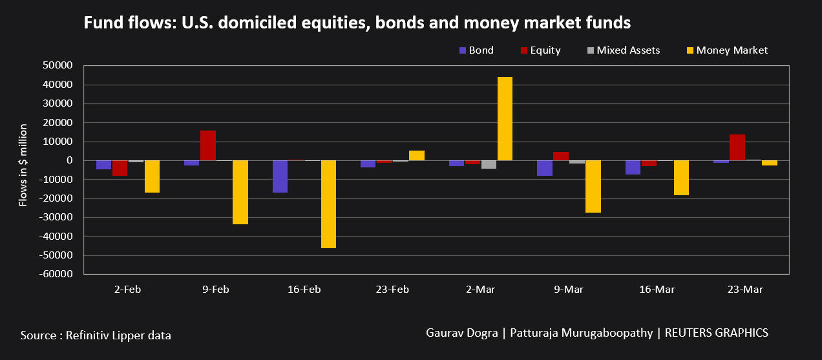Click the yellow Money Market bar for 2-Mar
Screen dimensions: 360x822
(505, 119)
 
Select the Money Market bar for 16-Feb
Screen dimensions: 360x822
(328, 204)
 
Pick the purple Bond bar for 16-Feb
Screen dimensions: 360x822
(280, 176)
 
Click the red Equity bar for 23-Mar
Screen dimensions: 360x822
(737, 147)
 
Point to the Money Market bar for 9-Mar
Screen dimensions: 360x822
(593, 186)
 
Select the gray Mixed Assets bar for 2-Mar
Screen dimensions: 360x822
(489, 164)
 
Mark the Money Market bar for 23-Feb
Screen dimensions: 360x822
(417, 156)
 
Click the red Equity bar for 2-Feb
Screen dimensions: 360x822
(120, 168)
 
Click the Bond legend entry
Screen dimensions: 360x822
(476, 50)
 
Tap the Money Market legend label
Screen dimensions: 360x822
(732, 50)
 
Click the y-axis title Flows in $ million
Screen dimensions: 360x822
(23, 165)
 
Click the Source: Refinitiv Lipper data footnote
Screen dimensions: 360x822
(96, 335)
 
